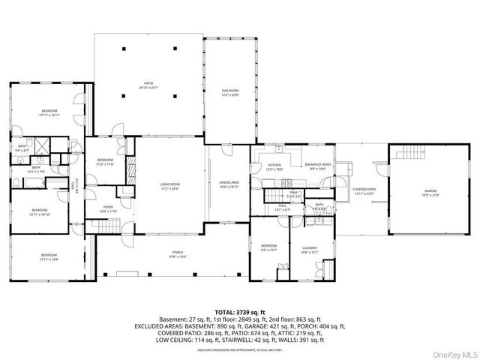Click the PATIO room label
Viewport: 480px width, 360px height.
click(x=148, y=82)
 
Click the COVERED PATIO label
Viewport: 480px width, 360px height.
click(x=363, y=190)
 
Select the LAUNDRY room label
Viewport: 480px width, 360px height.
click(x=309, y=247)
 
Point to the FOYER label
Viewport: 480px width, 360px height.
click(x=108, y=208)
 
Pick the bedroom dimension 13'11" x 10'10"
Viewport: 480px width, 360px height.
click(x=40, y=214)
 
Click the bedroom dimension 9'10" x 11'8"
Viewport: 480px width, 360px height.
click(x=105, y=163)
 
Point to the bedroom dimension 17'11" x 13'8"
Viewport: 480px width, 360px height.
click(x=49, y=259)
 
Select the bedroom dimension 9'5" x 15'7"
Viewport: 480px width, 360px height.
click(x=268, y=250)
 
